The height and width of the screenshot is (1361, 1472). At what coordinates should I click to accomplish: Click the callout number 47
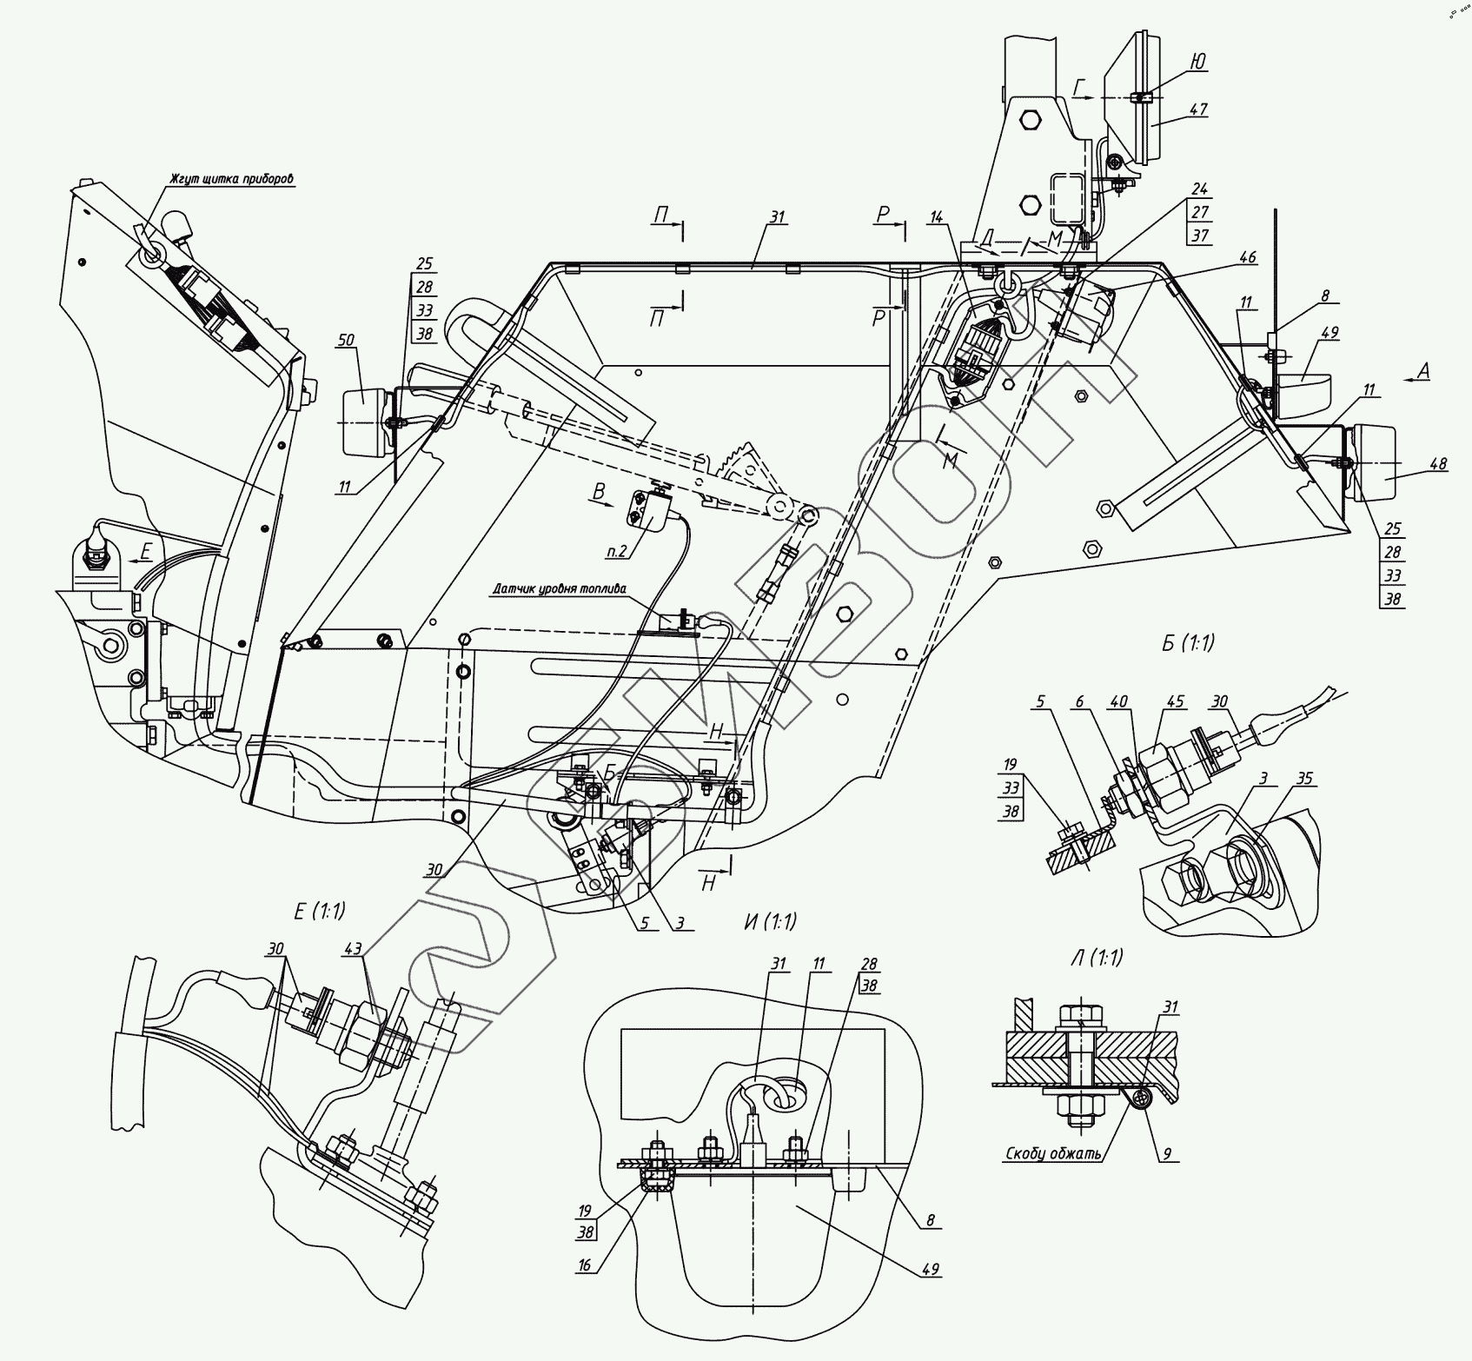(1199, 110)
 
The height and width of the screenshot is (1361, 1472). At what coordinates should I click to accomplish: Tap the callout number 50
(347, 340)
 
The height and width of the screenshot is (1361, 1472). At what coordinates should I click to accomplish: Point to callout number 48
(1438, 464)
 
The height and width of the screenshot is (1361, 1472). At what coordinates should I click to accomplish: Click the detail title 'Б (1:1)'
(1187, 644)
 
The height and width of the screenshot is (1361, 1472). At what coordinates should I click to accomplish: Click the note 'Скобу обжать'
(1053, 1155)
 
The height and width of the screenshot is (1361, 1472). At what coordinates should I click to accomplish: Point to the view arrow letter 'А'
(1422, 371)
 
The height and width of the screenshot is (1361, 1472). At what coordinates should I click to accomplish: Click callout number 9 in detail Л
(1167, 1155)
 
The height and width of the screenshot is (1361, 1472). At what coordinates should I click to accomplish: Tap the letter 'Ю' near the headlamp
(1197, 61)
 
